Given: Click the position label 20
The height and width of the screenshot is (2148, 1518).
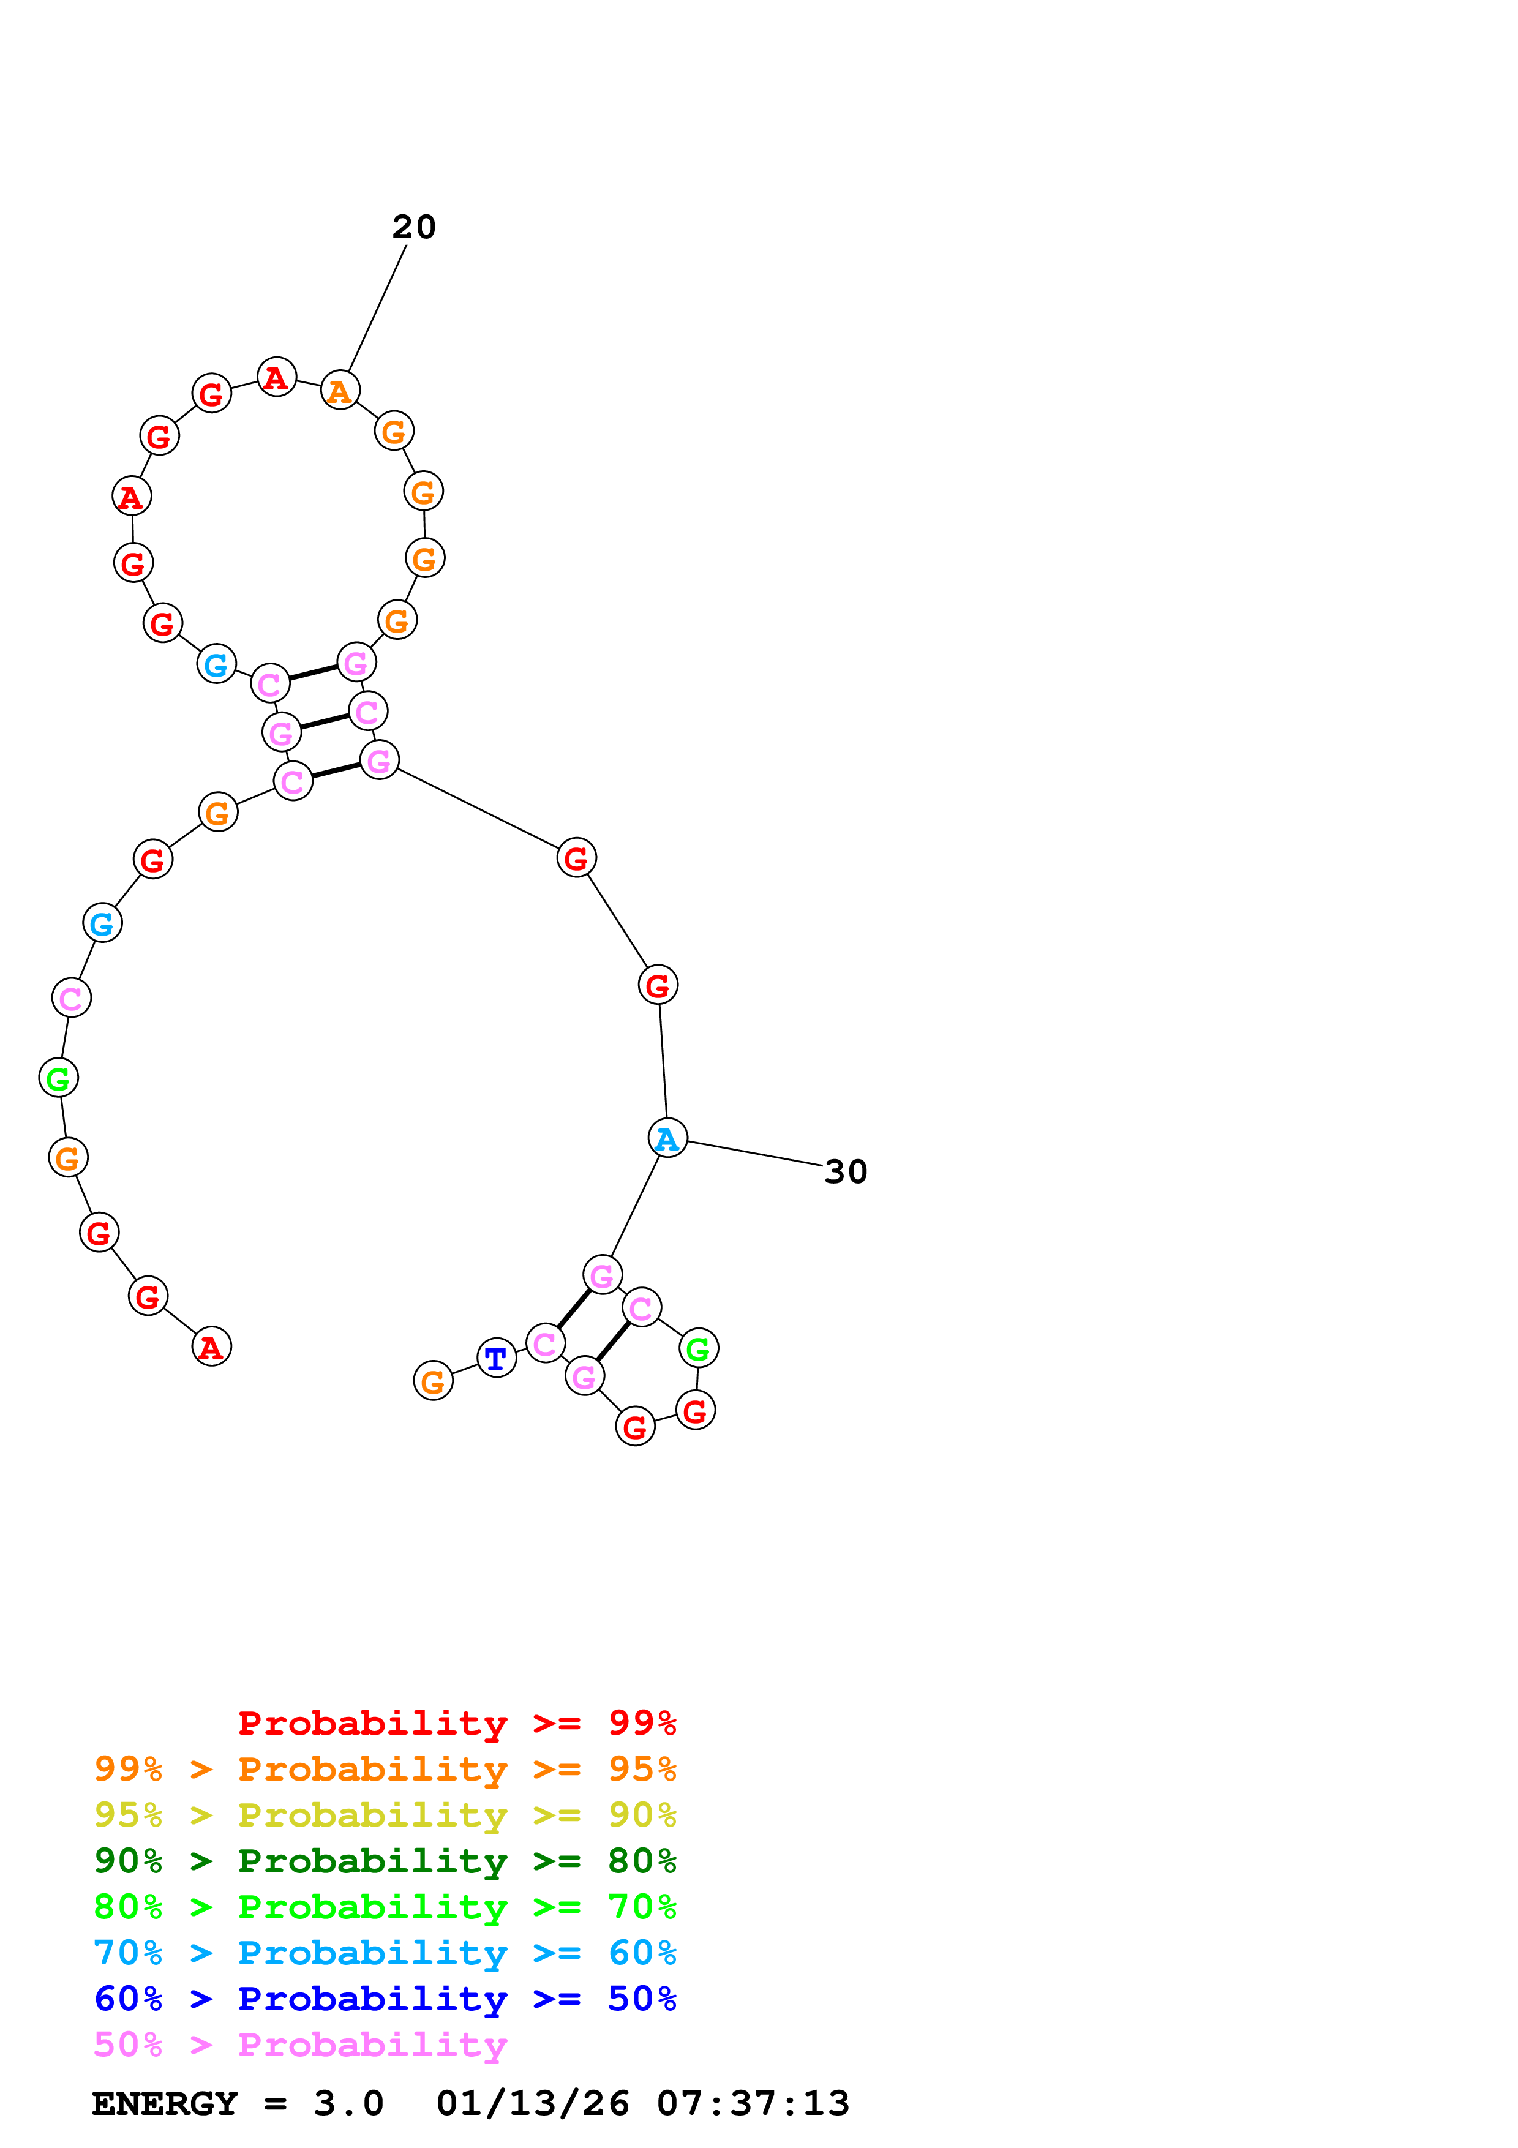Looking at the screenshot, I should tap(413, 227).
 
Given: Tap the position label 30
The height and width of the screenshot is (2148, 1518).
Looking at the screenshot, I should tap(846, 1171).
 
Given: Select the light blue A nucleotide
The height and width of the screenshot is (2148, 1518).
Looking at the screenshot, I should tap(667, 1138).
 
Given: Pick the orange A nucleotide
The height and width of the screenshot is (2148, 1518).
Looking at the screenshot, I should tap(339, 390).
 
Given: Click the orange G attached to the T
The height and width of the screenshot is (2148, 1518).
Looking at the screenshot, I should tap(433, 1380).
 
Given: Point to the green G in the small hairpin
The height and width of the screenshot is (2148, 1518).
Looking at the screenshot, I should tap(697, 1348).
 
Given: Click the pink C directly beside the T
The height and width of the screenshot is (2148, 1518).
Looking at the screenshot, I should tap(545, 1343).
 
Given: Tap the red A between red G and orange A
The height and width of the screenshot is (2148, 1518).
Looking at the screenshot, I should tap(276, 377).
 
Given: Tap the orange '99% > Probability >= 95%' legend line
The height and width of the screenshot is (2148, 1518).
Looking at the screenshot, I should tap(385, 1768).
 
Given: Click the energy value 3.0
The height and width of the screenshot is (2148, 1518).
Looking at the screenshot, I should tap(348, 2103).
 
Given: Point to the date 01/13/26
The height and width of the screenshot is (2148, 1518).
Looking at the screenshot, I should tap(532, 2103).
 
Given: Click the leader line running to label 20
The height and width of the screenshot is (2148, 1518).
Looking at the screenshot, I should tap(377, 309).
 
